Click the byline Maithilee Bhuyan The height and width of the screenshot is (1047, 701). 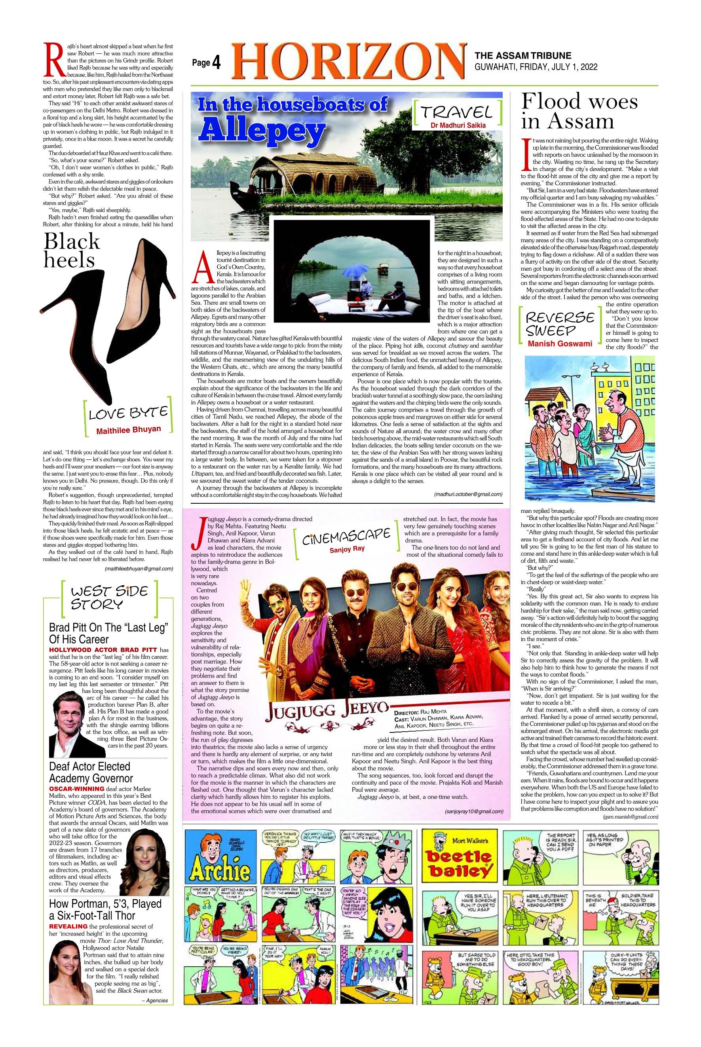128,430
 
